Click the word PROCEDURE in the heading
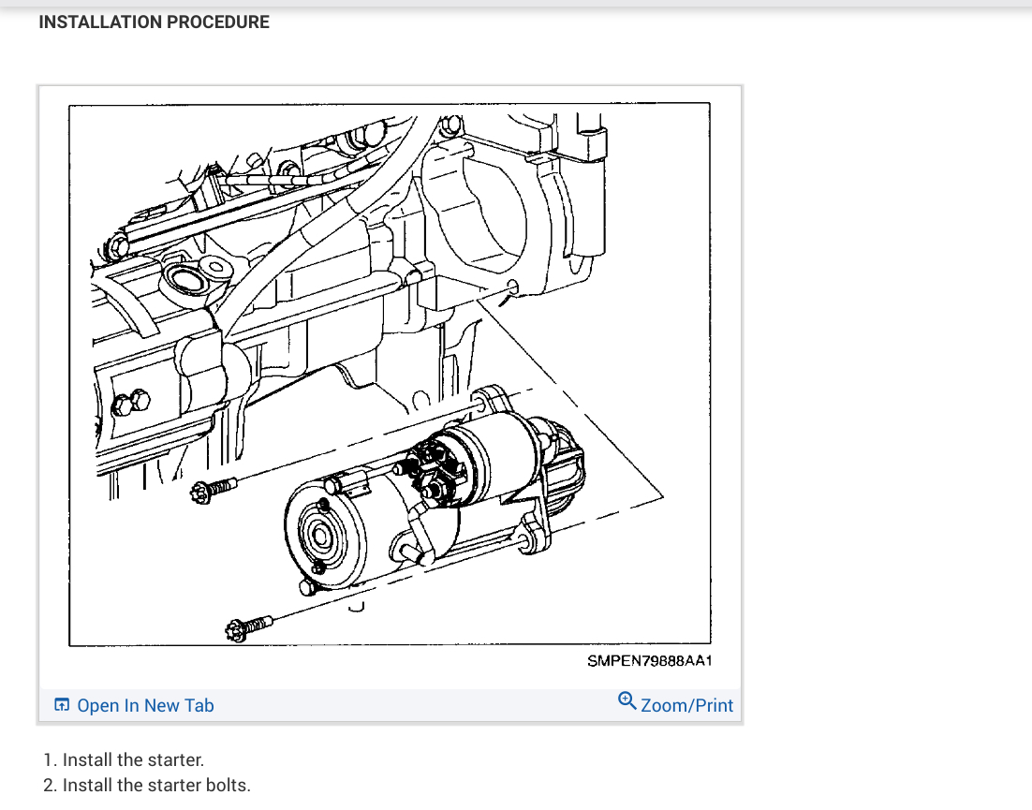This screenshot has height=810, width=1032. (217, 22)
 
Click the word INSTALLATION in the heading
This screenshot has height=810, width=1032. (100, 22)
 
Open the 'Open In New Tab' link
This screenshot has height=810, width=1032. (145, 705)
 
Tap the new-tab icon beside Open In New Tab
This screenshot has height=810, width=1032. (62, 705)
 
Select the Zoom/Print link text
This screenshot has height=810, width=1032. (687, 705)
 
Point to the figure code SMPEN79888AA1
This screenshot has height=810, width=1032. (650, 661)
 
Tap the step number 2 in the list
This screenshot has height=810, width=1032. (49, 785)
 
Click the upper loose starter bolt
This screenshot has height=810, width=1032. (213, 488)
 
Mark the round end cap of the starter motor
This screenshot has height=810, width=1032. (318, 536)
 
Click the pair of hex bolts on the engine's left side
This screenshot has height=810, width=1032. (131, 404)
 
